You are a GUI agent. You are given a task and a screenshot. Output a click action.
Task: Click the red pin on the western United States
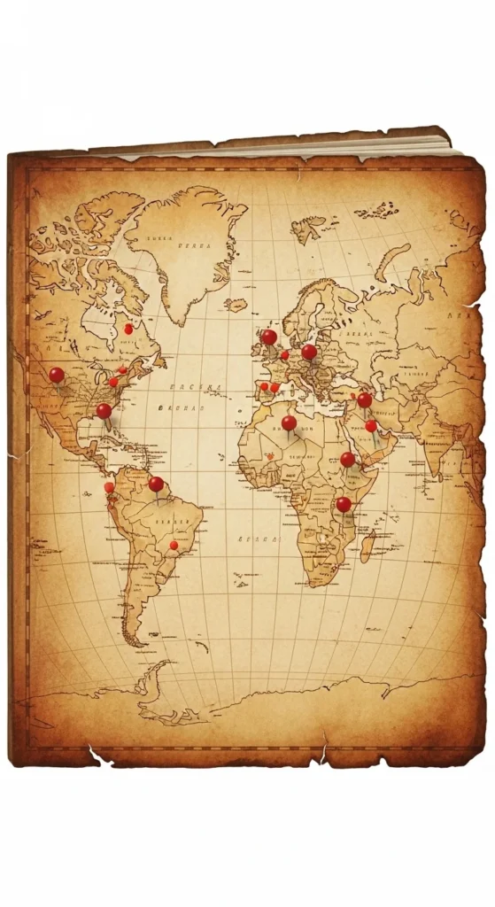click(56, 375)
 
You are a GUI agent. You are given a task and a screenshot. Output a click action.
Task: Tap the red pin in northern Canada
click(128, 329)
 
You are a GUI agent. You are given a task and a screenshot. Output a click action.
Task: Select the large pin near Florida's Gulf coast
click(104, 410)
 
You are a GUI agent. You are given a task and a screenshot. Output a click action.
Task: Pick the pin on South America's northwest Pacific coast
click(109, 486)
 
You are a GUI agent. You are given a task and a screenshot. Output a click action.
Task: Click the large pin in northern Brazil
click(156, 484)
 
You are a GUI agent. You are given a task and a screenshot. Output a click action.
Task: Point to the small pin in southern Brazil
click(174, 545)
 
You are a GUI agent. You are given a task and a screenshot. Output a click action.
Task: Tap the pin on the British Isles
click(268, 337)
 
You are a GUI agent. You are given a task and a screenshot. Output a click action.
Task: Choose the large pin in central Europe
click(308, 352)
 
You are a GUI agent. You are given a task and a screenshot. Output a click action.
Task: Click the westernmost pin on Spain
click(263, 386)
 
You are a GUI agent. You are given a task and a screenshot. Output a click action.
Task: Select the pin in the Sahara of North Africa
click(289, 423)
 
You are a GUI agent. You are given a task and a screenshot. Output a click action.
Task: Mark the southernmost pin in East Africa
click(343, 504)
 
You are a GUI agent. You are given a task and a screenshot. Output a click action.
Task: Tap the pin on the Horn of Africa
click(347, 459)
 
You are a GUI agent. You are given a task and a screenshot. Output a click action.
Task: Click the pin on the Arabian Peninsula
click(371, 426)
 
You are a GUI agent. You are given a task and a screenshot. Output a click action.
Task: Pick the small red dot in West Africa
click(270, 457)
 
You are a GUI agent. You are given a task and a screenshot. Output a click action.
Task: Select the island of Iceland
click(236, 305)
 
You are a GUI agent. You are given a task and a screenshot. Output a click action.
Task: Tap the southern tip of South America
click(133, 640)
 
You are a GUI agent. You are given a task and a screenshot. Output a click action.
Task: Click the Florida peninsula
click(112, 423)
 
